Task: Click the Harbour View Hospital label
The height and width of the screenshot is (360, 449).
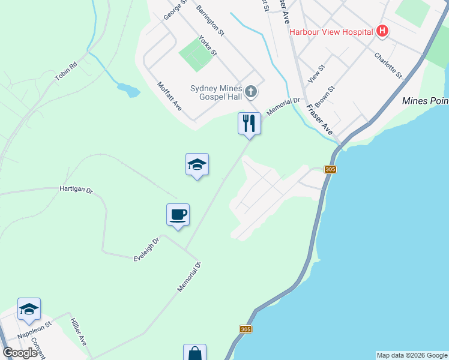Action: click(331, 32)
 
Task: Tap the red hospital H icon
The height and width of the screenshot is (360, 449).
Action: click(382, 32)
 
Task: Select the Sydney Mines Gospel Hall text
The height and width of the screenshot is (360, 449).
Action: click(218, 92)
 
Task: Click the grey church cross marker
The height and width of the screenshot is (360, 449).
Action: click(252, 92)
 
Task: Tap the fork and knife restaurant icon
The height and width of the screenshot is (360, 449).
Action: click(249, 124)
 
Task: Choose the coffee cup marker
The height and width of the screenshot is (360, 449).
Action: click(178, 215)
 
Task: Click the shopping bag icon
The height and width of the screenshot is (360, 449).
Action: click(194, 353)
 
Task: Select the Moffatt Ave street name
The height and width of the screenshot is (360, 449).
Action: click(169, 96)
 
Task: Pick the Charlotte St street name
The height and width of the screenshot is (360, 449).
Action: click(388, 65)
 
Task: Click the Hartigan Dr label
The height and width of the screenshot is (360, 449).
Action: click(76, 190)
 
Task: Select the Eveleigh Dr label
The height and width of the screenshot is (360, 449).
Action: click(146, 250)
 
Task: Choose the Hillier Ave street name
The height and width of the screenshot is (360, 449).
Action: click(78, 331)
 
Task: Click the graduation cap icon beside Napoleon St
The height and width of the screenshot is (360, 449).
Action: click(29, 310)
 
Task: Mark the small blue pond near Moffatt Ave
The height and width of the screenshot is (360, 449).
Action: click(128, 90)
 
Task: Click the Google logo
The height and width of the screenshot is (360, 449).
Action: click(20, 353)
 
